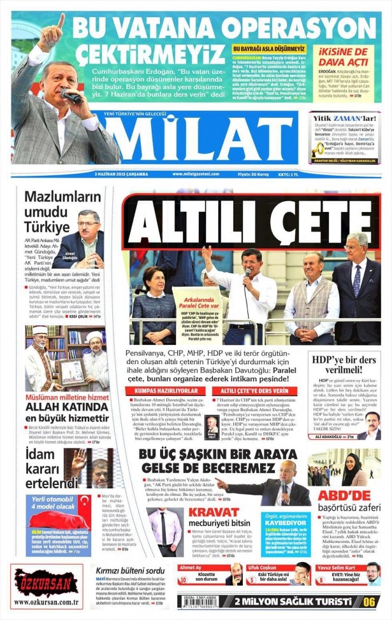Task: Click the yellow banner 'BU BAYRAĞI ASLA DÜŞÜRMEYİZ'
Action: coord(270,49)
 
